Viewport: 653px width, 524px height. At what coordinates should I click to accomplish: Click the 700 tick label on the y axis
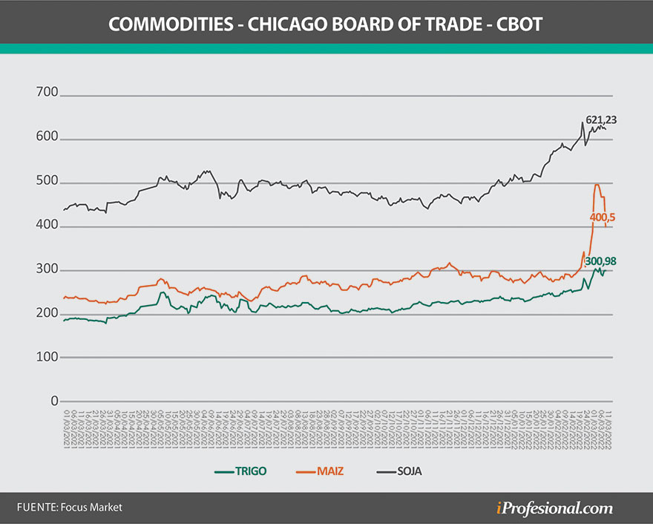coord(47,94)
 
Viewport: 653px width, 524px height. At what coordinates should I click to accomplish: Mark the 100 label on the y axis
coord(47,356)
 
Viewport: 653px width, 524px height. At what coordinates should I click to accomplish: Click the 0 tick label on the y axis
coord(53,400)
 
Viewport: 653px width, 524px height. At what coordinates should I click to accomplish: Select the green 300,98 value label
coord(600,261)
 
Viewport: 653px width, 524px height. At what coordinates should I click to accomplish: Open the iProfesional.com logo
coord(554,508)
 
